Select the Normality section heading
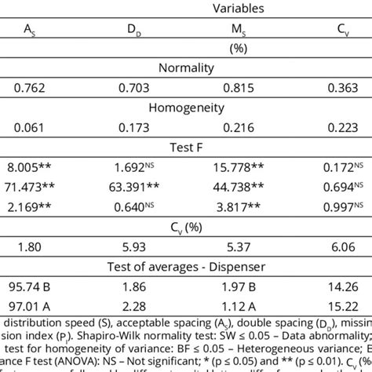(186, 67)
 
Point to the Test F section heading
(186, 146)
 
